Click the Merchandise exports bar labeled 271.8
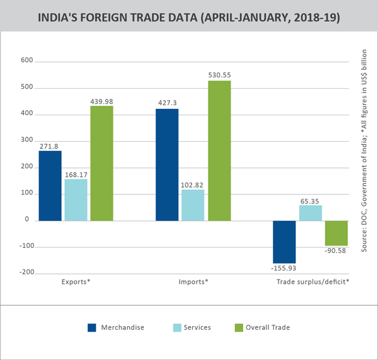(x=50, y=186)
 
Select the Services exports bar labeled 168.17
(x=76, y=200)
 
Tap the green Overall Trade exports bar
(x=101, y=163)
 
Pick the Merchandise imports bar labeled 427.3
(x=167, y=165)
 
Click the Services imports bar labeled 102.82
(x=193, y=205)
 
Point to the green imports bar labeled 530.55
(x=219, y=150)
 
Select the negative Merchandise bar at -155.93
(x=283, y=242)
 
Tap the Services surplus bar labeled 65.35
(x=310, y=213)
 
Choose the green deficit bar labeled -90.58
(x=336, y=233)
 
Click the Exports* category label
(x=76, y=281)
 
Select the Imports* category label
(x=193, y=281)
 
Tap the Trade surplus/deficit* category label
(x=313, y=281)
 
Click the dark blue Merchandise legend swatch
(x=92, y=327)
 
